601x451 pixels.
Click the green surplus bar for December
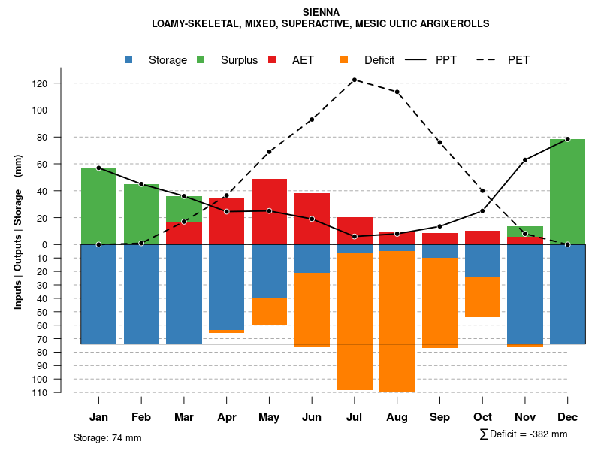click(567, 192)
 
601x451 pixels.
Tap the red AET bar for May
click(269, 211)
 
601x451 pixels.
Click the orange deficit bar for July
click(355, 322)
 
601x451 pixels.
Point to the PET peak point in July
click(355, 80)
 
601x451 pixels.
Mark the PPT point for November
click(525, 159)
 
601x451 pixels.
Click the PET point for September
click(439, 142)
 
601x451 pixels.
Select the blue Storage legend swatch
click(129, 59)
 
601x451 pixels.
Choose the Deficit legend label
click(379, 60)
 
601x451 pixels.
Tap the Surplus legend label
click(239, 60)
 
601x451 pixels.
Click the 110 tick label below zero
click(61, 392)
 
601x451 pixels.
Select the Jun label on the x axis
click(312, 417)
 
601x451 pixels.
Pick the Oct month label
click(482, 417)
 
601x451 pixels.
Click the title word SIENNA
click(321, 12)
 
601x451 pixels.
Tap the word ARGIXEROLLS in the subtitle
click(450, 23)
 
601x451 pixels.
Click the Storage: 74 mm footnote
click(107, 437)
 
